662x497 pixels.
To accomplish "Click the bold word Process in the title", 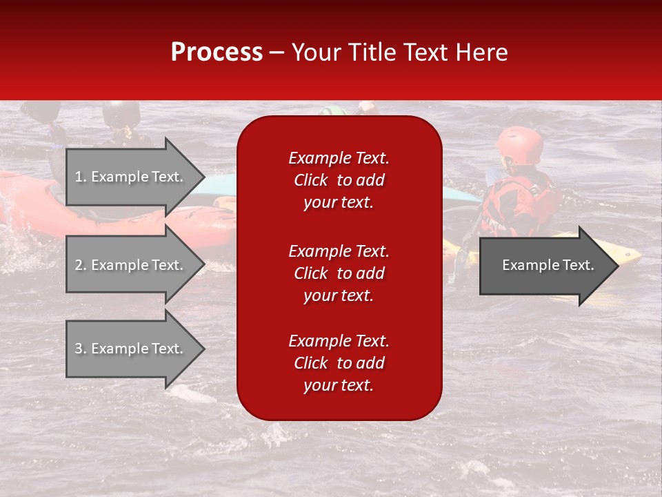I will pyautogui.click(x=217, y=52).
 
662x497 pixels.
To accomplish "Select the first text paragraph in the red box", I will pyautogui.click(x=339, y=180).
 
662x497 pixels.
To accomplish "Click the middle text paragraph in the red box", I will pyautogui.click(x=339, y=273).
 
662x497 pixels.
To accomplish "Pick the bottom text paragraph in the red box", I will pyautogui.click(x=339, y=363).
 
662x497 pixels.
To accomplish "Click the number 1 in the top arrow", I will pyautogui.click(x=79, y=177).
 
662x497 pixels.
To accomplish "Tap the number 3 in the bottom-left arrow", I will pyautogui.click(x=79, y=349).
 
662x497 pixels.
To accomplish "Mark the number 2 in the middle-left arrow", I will pyautogui.click(x=79, y=265).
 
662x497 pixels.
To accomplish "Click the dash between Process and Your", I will pyautogui.click(x=277, y=53).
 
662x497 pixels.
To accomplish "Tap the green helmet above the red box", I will pyautogui.click(x=332, y=110).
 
